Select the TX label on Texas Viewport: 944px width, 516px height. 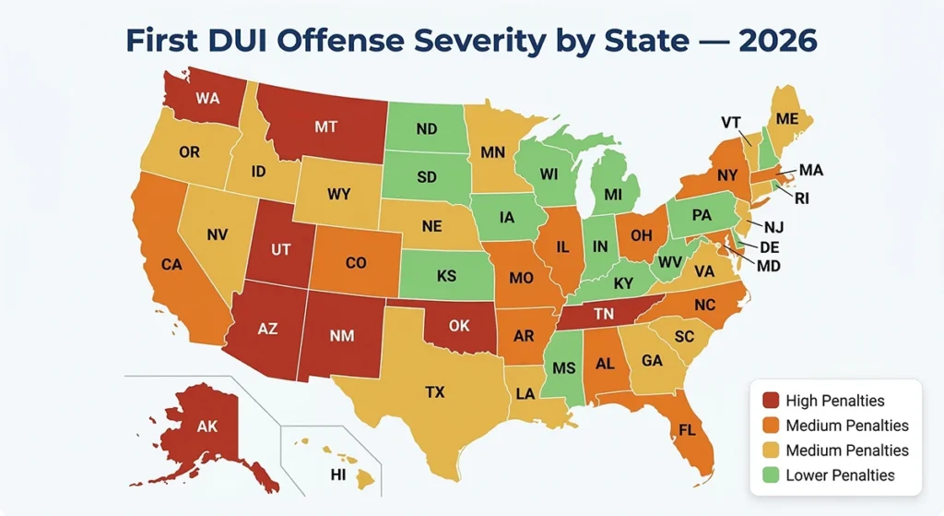pos(435,392)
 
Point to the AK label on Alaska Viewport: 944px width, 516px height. pos(207,426)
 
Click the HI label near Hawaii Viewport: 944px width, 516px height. pos(338,474)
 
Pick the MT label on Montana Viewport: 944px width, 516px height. pos(325,127)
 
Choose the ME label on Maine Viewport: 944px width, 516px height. pos(786,119)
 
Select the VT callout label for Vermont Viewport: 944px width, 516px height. pos(730,122)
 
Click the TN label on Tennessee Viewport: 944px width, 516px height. pos(604,314)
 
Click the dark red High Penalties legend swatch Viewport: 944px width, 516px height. pos(770,401)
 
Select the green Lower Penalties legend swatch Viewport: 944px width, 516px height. pos(770,475)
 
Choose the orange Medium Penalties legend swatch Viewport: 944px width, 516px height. pos(770,426)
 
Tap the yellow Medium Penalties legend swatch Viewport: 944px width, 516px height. pos(770,450)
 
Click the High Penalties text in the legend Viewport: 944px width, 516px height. pos(835,401)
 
